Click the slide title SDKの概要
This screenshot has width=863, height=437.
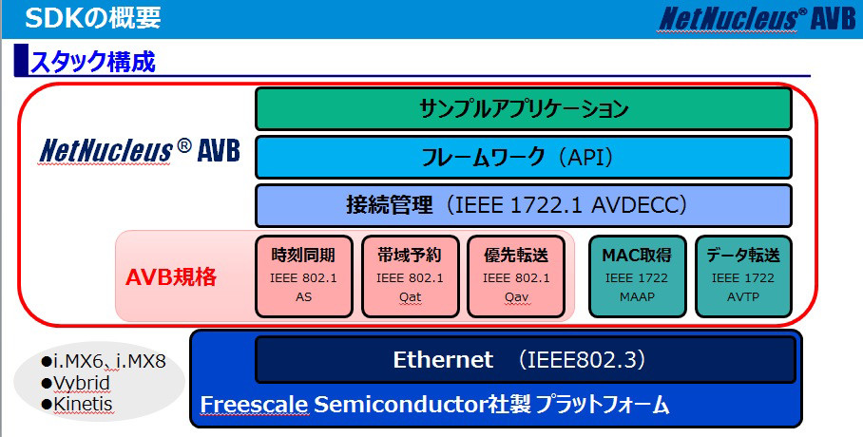click(93, 18)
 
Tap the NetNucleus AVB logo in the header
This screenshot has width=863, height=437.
click(758, 19)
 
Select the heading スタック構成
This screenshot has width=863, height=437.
click(92, 62)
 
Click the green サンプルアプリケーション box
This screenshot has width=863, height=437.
click(524, 108)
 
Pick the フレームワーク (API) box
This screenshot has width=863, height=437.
click(524, 158)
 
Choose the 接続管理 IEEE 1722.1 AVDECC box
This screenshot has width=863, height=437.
click(524, 206)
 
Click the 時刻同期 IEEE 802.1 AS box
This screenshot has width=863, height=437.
click(304, 276)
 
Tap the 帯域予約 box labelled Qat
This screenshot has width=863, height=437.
click(410, 276)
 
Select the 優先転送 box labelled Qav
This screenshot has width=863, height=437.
click(516, 276)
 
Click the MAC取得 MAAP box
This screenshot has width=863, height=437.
click(638, 276)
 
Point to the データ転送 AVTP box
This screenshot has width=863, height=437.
click(743, 276)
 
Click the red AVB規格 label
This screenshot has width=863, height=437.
click(171, 276)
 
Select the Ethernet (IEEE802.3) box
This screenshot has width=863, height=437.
click(526, 360)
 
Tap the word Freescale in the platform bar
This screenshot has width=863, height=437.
click(254, 405)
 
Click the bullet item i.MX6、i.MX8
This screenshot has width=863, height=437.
click(104, 362)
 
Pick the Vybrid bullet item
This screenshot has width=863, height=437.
click(76, 383)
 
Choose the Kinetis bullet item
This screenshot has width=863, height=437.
click(77, 404)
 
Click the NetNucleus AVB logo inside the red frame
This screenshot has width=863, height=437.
click(140, 150)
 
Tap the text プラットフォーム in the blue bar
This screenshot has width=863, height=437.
click(603, 406)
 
